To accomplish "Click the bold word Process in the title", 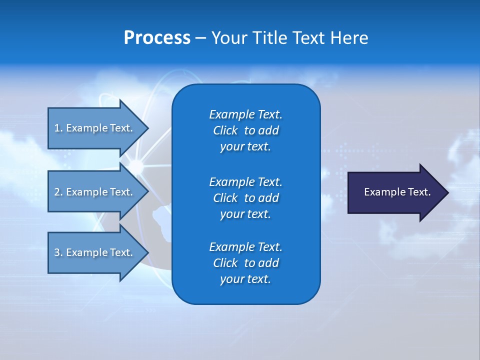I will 157,38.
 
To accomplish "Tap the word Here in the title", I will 348,38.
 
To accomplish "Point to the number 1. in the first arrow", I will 58,128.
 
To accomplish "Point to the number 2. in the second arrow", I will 58,192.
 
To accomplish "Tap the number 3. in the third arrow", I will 58,252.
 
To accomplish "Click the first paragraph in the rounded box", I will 245,130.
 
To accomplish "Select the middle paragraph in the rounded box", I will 245,197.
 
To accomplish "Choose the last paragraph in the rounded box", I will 245,263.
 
